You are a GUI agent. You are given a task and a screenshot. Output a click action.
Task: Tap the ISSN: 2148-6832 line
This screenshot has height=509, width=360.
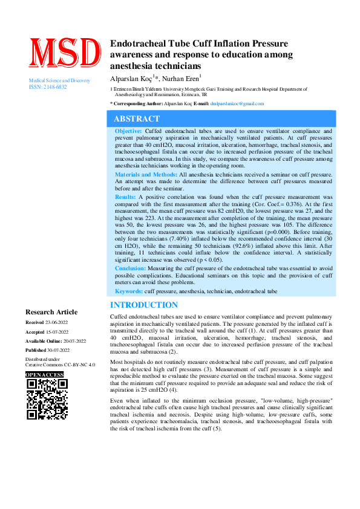coord(48,87)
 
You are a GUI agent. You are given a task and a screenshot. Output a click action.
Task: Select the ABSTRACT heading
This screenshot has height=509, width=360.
coord(137,119)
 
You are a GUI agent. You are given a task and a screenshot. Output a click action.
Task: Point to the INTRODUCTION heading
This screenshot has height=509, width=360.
coord(144,305)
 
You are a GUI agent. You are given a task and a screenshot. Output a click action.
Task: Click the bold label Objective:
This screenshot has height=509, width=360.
coord(129,131)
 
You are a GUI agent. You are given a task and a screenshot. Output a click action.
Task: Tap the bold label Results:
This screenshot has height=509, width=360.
coord(125,197)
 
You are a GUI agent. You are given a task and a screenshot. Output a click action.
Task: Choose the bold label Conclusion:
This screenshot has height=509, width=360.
coord(130,268)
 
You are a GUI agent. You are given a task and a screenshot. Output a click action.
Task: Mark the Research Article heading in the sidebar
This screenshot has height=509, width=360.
coord(51,312)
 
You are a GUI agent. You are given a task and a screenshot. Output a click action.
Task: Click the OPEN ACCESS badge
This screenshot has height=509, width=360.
coord(44,375)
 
